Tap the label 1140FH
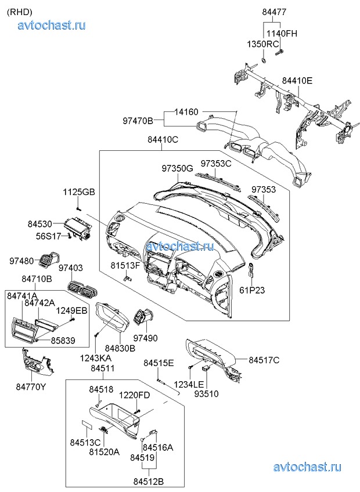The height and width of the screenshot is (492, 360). pos(282,33)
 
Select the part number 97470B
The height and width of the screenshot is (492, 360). pos(138,121)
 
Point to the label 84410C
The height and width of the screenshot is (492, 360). pos(163,139)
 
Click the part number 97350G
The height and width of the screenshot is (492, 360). pos(177,168)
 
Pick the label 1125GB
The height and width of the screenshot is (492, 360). pos(79,192)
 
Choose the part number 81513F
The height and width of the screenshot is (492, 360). pos(125,266)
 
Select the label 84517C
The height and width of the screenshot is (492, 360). pos(264,360)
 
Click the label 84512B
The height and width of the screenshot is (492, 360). pos(148,481)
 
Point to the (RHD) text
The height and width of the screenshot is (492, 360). pos(19,11)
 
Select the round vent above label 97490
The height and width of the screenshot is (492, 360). pos(143,318)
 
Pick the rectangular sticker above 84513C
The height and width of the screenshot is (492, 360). pos(85,425)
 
